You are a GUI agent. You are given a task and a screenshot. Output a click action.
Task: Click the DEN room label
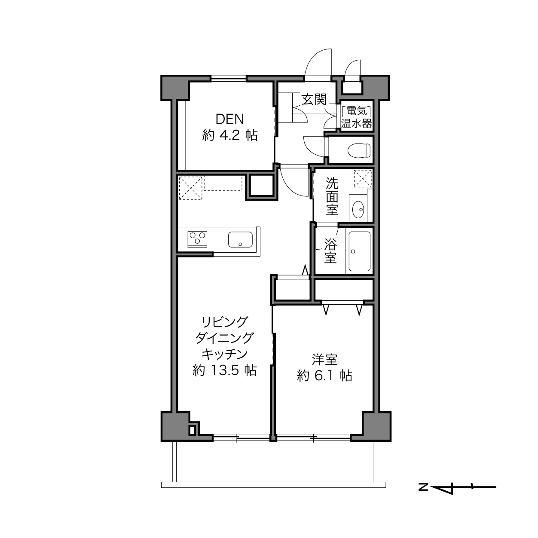pos(230,119)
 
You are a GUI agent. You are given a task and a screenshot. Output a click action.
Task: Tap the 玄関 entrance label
pos(314,99)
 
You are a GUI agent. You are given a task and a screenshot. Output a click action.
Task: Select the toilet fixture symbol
pos(359,150)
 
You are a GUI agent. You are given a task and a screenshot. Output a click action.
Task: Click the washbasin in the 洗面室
pos(358,209)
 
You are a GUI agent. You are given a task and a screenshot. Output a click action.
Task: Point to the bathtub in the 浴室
pos(360,251)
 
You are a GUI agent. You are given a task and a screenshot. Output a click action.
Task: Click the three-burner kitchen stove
pos(197,239)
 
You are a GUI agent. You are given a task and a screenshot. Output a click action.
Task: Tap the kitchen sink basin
pos(240,239)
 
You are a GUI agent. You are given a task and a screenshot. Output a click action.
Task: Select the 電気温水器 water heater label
pos(357,117)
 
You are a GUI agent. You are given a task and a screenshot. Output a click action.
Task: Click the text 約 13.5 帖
pos(224,370)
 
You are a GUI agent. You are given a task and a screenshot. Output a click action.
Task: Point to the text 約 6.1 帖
pos(324,376)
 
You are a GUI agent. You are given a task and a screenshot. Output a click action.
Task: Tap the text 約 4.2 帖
pos(230,135)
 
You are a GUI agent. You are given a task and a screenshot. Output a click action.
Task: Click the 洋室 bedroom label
pos(325,360)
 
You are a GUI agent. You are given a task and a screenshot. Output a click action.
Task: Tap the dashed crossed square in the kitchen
pos(190,188)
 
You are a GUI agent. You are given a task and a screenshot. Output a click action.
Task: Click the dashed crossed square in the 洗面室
pos(363,178)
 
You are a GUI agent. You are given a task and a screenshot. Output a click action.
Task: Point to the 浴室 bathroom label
pos(330,251)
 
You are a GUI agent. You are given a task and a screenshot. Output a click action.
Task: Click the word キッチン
pos(225,354)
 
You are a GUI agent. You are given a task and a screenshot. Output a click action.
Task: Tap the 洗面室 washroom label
pos(332,196)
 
